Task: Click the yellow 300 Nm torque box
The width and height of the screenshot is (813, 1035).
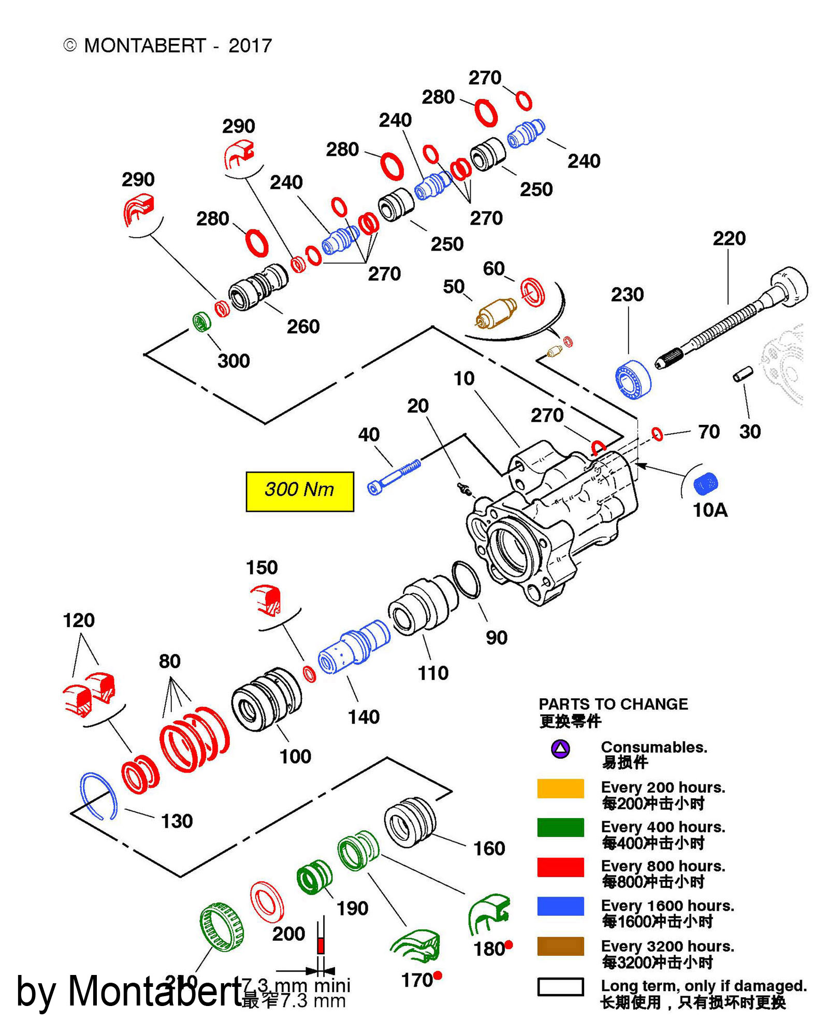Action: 299,491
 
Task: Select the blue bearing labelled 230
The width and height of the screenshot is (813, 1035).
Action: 633,379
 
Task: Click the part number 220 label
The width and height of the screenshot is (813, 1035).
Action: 729,239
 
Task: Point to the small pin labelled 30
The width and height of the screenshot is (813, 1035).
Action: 743,374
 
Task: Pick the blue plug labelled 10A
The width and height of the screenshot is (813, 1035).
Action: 705,484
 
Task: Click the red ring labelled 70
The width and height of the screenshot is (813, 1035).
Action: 657,434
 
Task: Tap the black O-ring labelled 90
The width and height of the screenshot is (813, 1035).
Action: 466,579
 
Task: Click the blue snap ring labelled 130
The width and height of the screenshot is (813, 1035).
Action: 98,796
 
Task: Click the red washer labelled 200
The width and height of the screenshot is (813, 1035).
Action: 267,902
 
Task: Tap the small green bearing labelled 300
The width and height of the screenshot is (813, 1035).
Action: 201,322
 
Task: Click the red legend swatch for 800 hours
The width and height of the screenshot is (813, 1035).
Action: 560,867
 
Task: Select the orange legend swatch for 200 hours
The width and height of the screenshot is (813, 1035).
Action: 560,788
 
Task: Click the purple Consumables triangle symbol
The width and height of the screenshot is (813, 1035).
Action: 560,749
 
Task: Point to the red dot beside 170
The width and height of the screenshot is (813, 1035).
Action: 438,975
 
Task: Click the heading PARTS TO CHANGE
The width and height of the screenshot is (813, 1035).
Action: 613,704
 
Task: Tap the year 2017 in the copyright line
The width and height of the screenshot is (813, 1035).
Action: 250,46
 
